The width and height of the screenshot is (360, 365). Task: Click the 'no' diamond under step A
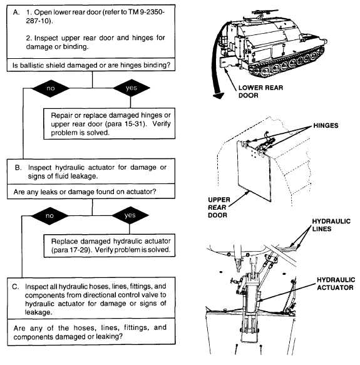51,88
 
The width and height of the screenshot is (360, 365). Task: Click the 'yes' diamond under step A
131,88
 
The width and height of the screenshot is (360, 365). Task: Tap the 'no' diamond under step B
49,216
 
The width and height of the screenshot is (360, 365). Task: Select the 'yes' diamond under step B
130,215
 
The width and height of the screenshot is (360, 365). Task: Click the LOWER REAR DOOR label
260,91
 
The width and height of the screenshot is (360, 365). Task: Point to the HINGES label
326,125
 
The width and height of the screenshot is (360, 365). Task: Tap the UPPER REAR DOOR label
219,207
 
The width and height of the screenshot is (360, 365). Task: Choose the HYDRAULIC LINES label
331,225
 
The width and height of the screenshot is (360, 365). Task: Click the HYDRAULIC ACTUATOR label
336,284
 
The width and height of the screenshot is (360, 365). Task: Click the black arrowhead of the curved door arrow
218,95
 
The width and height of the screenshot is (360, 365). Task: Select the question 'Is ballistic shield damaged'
91,65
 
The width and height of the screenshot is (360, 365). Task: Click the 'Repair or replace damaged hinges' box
109,123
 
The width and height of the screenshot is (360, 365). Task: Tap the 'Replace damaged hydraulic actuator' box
110,245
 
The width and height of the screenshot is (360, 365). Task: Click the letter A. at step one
16,12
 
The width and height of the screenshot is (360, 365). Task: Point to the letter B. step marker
18,168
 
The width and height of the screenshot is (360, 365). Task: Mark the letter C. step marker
16,287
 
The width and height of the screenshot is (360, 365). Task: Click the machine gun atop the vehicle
264,12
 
